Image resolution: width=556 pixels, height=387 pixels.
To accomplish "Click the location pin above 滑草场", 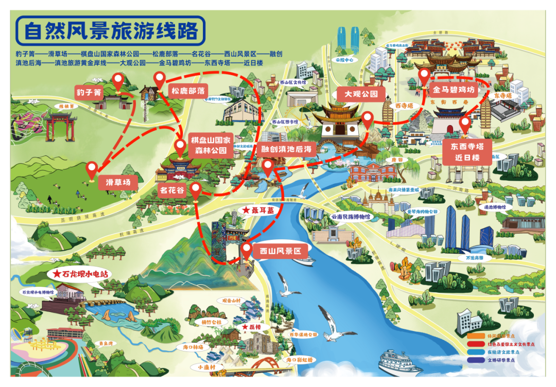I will pos(92,169).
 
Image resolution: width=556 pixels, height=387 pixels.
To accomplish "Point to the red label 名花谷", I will pos(171,190).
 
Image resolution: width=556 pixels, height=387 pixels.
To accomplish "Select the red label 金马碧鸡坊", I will pos(453,90).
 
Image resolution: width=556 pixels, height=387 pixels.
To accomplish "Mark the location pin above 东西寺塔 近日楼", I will pos(465,124).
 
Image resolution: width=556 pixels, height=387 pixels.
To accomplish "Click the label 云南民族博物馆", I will pos(350,217).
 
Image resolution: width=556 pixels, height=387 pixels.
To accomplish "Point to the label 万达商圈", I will pos(474,256).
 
